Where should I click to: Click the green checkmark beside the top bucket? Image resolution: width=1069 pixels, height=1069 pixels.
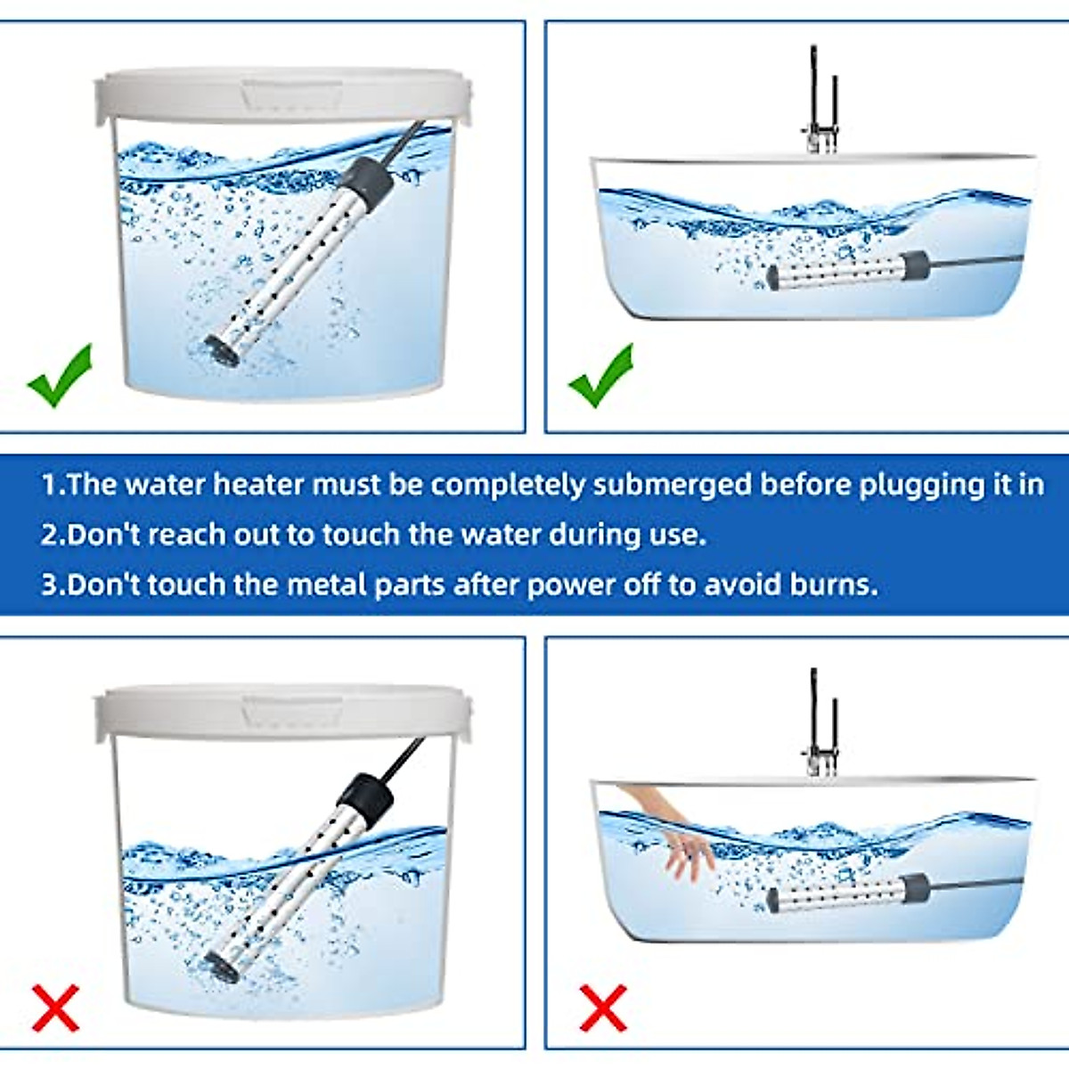tap(60, 376)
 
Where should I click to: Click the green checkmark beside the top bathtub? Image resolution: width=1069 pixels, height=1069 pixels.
tap(602, 376)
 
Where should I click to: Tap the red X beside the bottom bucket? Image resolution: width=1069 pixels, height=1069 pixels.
tap(56, 1008)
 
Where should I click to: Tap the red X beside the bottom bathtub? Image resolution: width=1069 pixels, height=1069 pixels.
tap(603, 1008)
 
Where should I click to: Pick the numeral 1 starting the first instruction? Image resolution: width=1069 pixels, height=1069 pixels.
tap(49, 485)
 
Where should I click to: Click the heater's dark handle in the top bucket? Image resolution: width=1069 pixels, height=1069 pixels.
tap(370, 178)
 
